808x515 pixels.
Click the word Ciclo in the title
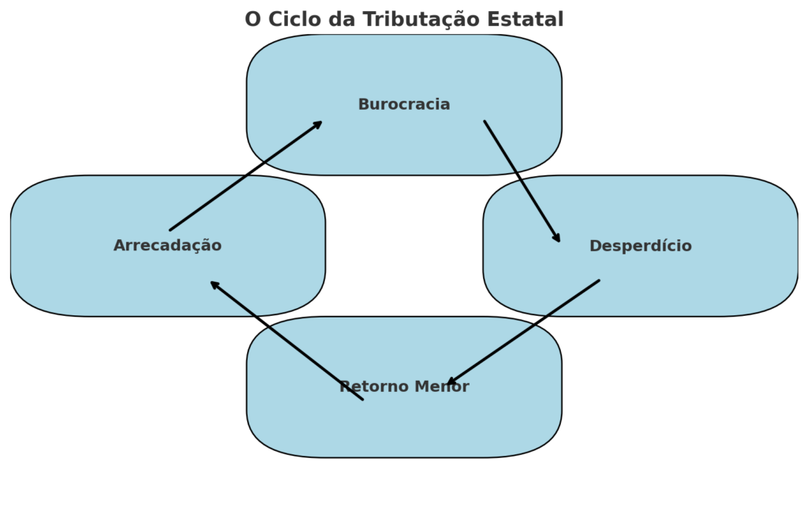295,20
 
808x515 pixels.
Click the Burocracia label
404,104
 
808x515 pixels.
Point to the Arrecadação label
167,246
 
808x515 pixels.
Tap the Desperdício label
640,246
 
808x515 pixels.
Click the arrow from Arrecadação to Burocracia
245,176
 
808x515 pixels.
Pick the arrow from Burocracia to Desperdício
522,181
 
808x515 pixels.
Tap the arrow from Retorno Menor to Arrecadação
286,340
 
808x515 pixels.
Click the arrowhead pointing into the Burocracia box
318,123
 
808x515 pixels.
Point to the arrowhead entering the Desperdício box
557,238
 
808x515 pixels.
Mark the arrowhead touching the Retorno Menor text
451,383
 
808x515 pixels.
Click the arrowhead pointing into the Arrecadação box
214,284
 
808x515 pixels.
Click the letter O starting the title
252,20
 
